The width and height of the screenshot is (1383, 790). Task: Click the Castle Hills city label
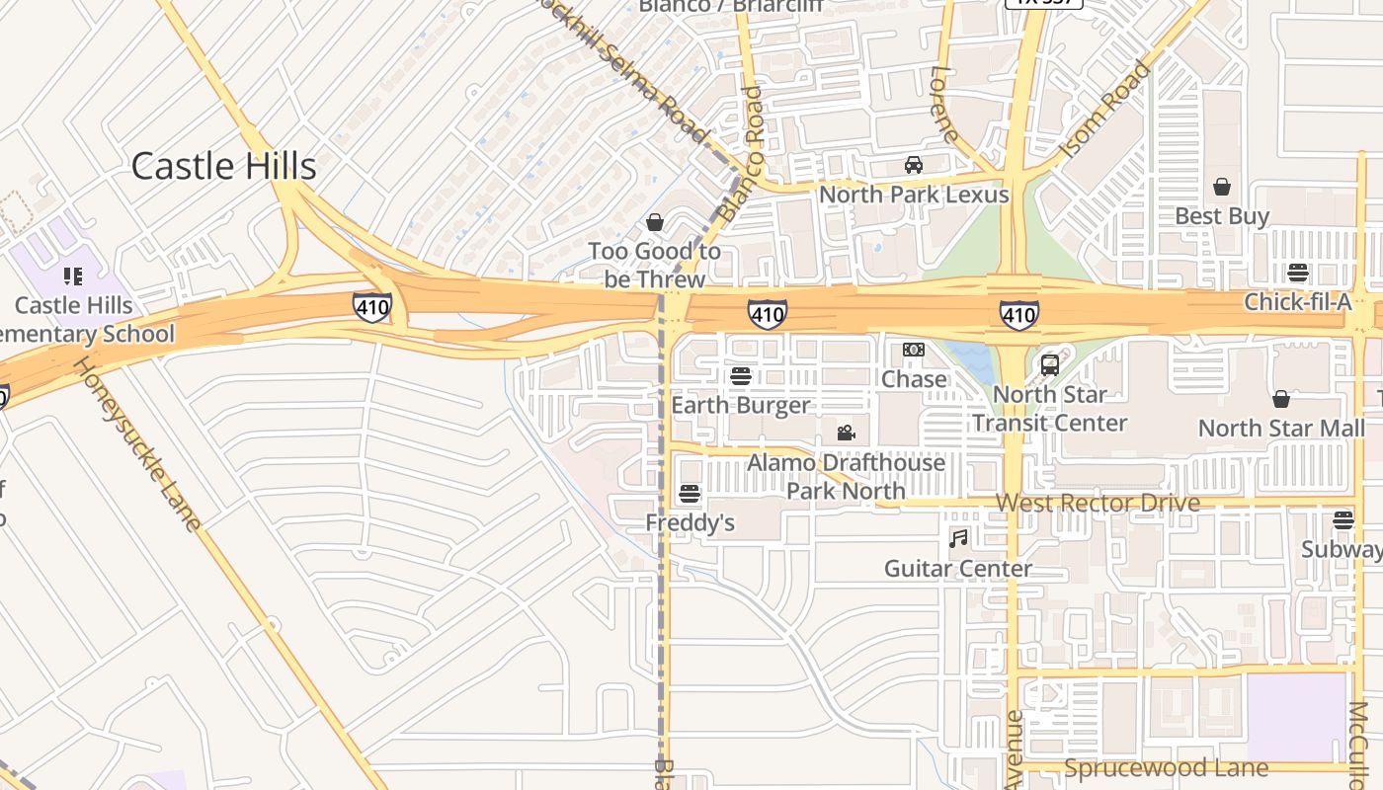tap(223, 166)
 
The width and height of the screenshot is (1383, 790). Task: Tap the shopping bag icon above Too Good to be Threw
tap(654, 222)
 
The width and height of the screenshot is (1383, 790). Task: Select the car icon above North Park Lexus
tap(914, 165)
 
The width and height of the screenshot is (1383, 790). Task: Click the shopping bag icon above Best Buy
tap(1222, 187)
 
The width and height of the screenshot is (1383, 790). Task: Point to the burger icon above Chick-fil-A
tap(1297, 273)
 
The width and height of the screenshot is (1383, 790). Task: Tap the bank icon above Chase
tap(914, 350)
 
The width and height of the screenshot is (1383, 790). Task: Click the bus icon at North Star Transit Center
tap(1050, 364)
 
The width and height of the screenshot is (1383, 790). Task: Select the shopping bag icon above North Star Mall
tap(1281, 399)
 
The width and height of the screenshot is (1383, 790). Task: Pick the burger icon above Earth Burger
tap(740, 376)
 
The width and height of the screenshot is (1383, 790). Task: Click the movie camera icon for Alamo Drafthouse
tap(846, 433)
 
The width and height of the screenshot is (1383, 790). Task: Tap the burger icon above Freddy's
tap(690, 494)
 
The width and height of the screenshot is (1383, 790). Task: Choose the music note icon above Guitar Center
tap(958, 538)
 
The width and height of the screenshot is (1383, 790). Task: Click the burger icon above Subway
tap(1342, 519)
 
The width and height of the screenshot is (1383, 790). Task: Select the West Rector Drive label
tap(1098, 503)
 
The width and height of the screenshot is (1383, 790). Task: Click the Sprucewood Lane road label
tap(1166, 768)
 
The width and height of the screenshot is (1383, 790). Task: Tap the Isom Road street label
tap(1104, 111)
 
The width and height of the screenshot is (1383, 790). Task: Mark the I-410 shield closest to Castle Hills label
tap(372, 308)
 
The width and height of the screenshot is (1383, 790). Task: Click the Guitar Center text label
tap(958, 569)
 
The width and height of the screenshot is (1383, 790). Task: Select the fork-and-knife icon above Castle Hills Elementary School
tap(73, 276)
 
